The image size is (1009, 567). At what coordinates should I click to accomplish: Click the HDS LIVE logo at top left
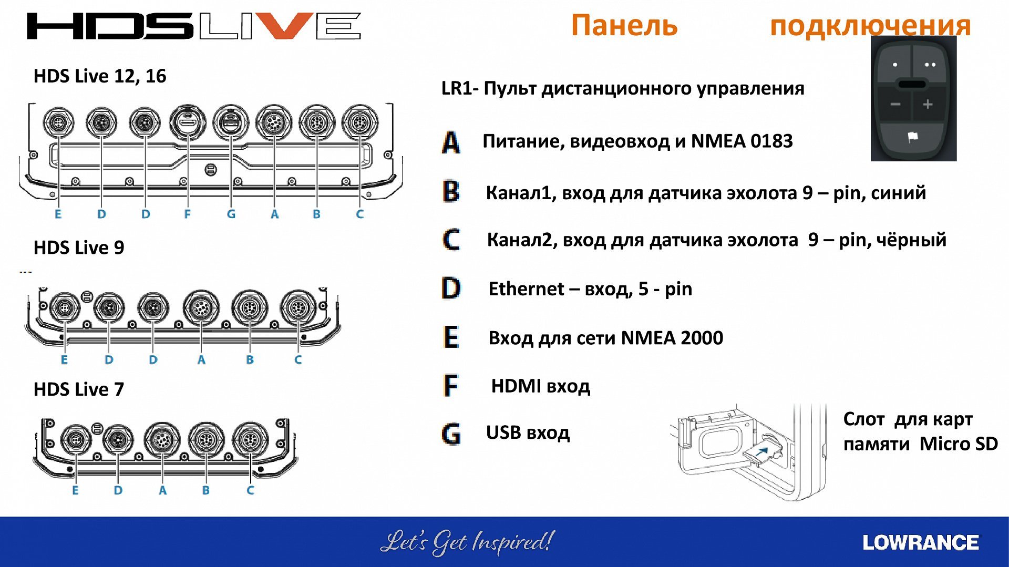(x=194, y=26)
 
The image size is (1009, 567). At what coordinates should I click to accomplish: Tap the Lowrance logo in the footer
(x=921, y=543)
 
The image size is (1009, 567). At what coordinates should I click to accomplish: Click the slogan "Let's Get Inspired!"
(x=467, y=542)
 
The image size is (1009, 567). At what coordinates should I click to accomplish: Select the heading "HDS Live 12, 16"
(x=100, y=76)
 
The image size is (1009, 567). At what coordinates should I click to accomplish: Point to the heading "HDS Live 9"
(x=79, y=248)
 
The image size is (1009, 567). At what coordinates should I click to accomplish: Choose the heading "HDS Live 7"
(x=79, y=389)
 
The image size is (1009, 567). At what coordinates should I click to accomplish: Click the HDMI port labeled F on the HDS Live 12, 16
(x=188, y=123)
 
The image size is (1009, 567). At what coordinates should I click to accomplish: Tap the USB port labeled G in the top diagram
(x=231, y=123)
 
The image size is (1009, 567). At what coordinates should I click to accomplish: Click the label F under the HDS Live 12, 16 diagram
(x=187, y=214)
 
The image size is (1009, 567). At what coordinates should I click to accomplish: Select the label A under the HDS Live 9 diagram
(x=201, y=359)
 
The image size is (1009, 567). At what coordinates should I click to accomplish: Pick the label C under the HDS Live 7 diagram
(x=250, y=490)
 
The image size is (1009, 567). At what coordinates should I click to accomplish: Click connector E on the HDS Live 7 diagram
(x=76, y=439)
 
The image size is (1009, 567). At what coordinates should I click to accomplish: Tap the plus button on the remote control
(x=928, y=104)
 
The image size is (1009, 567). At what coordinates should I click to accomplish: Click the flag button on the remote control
(x=913, y=138)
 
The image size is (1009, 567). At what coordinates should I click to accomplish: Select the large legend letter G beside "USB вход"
(x=451, y=434)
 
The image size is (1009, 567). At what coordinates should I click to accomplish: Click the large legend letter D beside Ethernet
(x=451, y=288)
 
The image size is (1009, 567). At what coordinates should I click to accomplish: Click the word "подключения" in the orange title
(x=870, y=25)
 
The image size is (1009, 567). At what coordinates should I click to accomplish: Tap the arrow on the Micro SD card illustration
(x=763, y=450)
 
